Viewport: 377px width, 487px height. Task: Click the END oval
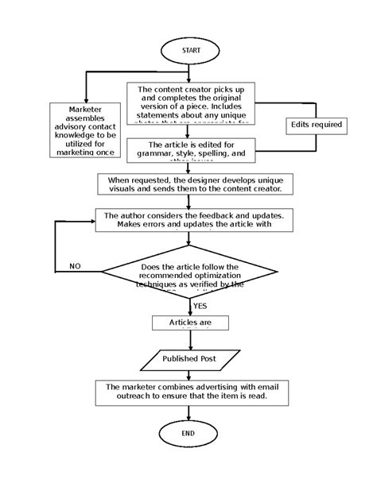pyautogui.click(x=188, y=434)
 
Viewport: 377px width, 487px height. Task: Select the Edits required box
pyautogui.click(x=316, y=125)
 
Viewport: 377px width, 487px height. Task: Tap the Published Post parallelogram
pyautogui.click(x=189, y=359)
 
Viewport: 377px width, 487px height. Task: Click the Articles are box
pyautogui.click(x=190, y=323)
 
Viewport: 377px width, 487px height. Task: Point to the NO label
pyautogui.click(x=75, y=265)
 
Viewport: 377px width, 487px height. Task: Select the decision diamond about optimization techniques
pyautogui.click(x=191, y=274)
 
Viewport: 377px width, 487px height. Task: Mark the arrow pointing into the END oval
pyautogui.click(x=188, y=413)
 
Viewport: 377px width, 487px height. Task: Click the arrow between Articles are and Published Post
pyautogui.click(x=189, y=339)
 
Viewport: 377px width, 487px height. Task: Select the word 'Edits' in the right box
pyautogui.click(x=302, y=125)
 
